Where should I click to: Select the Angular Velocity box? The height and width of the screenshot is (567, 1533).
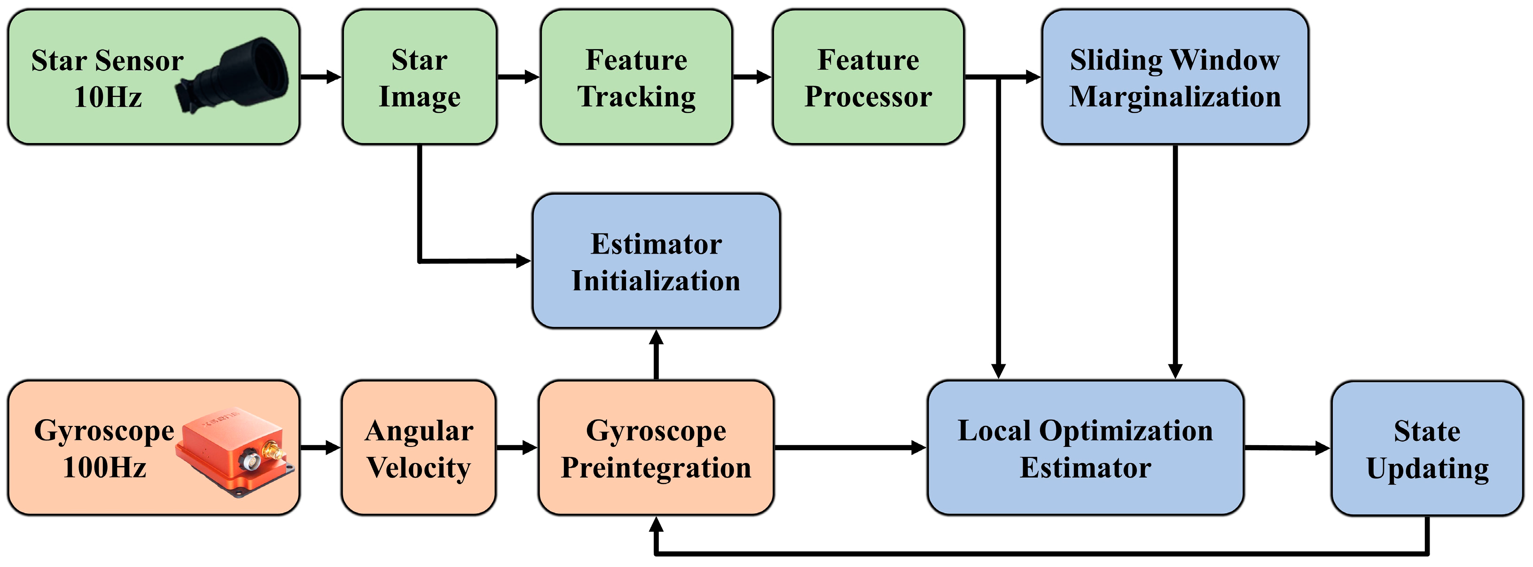[419, 448]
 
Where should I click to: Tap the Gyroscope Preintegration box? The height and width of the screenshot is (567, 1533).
[656, 448]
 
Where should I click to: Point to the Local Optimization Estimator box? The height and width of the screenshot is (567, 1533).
[1085, 448]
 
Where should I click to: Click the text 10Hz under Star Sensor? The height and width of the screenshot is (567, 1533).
[108, 97]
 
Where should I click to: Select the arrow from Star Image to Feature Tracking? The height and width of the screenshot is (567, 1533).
[518, 77]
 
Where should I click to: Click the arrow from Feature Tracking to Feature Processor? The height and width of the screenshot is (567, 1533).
[751, 77]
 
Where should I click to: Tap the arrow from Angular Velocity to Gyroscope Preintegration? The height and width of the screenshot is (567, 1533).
[516, 448]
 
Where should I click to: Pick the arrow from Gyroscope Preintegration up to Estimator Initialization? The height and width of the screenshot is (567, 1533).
[656, 355]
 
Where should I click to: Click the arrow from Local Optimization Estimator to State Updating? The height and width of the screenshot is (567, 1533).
[1287, 448]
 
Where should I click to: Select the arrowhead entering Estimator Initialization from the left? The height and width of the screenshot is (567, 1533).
[523, 261]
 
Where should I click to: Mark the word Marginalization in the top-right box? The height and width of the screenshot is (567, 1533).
[1175, 97]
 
